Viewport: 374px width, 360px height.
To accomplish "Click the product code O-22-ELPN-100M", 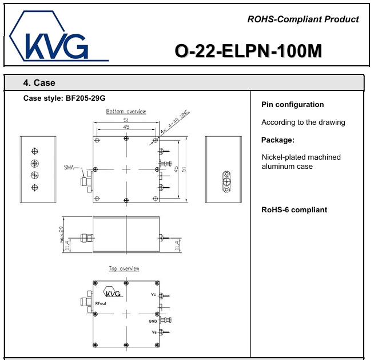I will pyautogui.click(x=248, y=52).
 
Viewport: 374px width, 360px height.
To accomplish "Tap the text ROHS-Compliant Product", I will pyautogui.click(x=303, y=19).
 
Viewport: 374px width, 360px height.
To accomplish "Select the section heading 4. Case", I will pyautogui.click(x=39, y=83).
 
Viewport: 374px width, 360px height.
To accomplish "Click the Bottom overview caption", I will pyautogui.click(x=126, y=112).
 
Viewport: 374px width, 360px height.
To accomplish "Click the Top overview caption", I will pyautogui.click(x=124, y=268).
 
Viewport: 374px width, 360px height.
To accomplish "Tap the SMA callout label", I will pyautogui.click(x=70, y=167).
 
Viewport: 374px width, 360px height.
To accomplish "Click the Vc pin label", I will pyautogui.click(x=153, y=295).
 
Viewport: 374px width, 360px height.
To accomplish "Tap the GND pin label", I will pyautogui.click(x=152, y=322).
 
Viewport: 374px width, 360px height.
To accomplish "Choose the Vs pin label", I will pyautogui.click(x=153, y=333).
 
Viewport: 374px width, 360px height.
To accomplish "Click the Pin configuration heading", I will pyautogui.click(x=292, y=105).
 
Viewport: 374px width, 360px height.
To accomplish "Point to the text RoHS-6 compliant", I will pyautogui.click(x=294, y=210).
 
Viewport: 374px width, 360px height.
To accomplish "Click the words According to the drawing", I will pyautogui.click(x=303, y=122).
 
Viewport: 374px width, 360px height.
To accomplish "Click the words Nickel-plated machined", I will pyautogui.click(x=301, y=157).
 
